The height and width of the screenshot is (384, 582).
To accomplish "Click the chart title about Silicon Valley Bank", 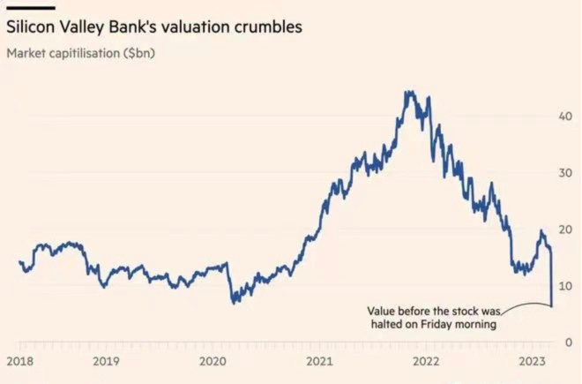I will pyautogui.click(x=154, y=27).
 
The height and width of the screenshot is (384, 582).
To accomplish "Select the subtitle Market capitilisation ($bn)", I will pyautogui.click(x=80, y=53).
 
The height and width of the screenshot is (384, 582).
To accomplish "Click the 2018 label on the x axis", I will pyautogui.click(x=19, y=362).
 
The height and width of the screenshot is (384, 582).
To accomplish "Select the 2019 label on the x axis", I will pyautogui.click(x=106, y=362).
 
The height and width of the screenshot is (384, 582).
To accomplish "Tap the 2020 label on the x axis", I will pyautogui.click(x=213, y=362).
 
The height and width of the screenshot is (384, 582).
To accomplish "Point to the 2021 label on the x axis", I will pyautogui.click(x=319, y=362).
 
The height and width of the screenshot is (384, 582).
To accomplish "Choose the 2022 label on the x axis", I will pyautogui.click(x=426, y=362).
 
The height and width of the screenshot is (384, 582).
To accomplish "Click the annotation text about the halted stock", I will pyautogui.click(x=432, y=318).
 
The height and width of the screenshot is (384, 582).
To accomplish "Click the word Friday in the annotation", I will pyautogui.click(x=448, y=325).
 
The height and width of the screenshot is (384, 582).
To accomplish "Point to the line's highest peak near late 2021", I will pyautogui.click(x=407, y=91).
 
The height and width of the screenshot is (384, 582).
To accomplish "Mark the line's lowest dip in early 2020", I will pyautogui.click(x=235, y=303).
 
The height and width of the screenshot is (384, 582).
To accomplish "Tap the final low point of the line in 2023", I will pyautogui.click(x=552, y=305).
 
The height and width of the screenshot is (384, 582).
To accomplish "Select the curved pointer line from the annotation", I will pyautogui.click(x=527, y=305).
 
